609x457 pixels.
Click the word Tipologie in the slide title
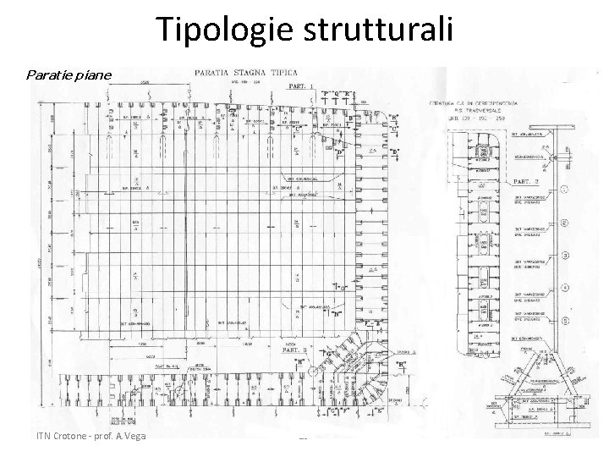[x=222, y=30]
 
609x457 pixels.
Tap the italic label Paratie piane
[x=69, y=75]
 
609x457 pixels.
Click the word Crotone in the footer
[x=69, y=435]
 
